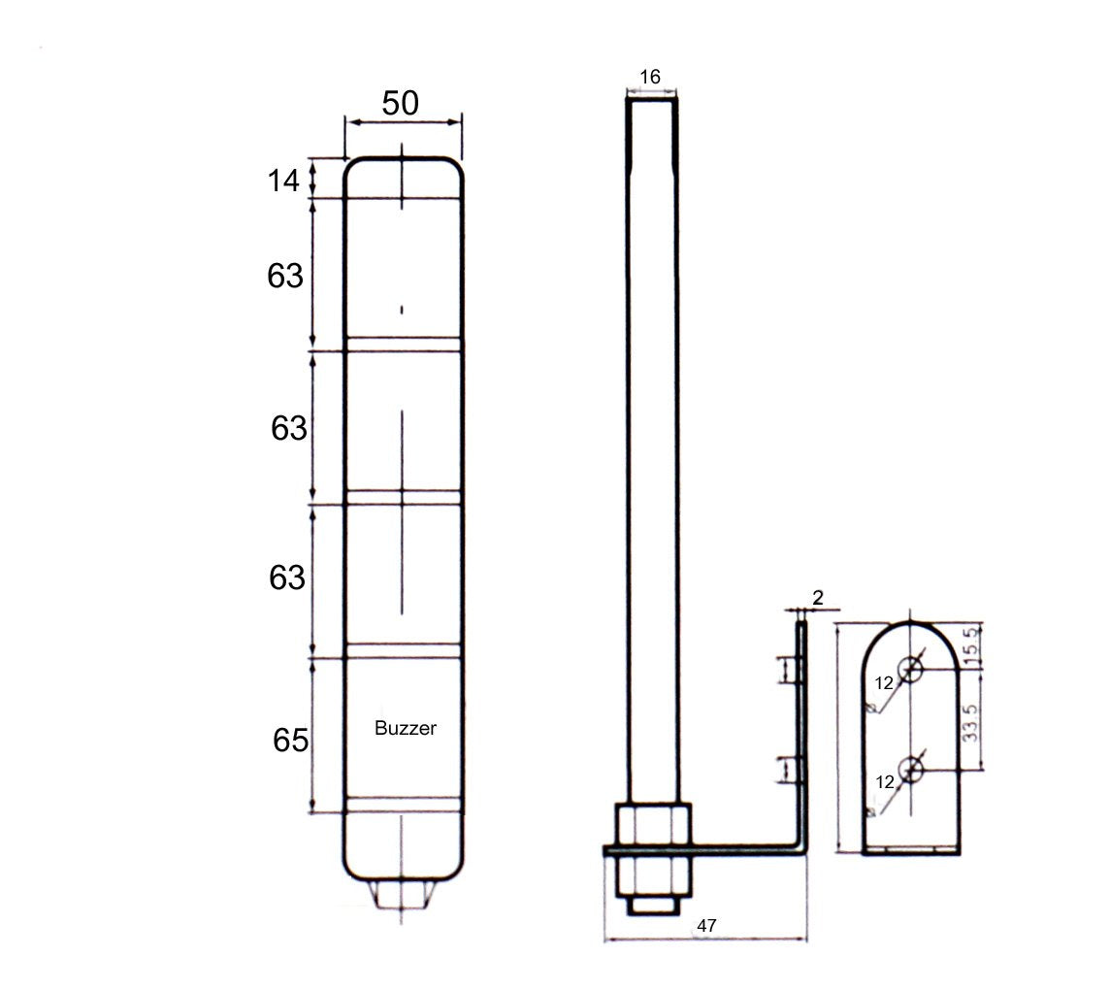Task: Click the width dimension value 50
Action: click(400, 102)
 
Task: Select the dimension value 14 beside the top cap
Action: click(284, 180)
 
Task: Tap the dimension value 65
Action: click(289, 741)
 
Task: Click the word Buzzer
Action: click(406, 728)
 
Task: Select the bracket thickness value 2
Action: click(817, 598)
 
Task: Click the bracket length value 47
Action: click(706, 926)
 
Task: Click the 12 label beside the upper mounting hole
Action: click(883, 683)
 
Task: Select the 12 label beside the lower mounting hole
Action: click(883, 781)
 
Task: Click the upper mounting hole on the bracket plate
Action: click(911, 668)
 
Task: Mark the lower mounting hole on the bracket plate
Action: click(911, 770)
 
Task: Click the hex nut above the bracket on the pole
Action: click(651, 823)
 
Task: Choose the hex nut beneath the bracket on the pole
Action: click(651, 875)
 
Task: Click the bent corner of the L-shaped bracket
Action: click(801, 850)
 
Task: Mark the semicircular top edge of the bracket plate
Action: click(911, 624)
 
